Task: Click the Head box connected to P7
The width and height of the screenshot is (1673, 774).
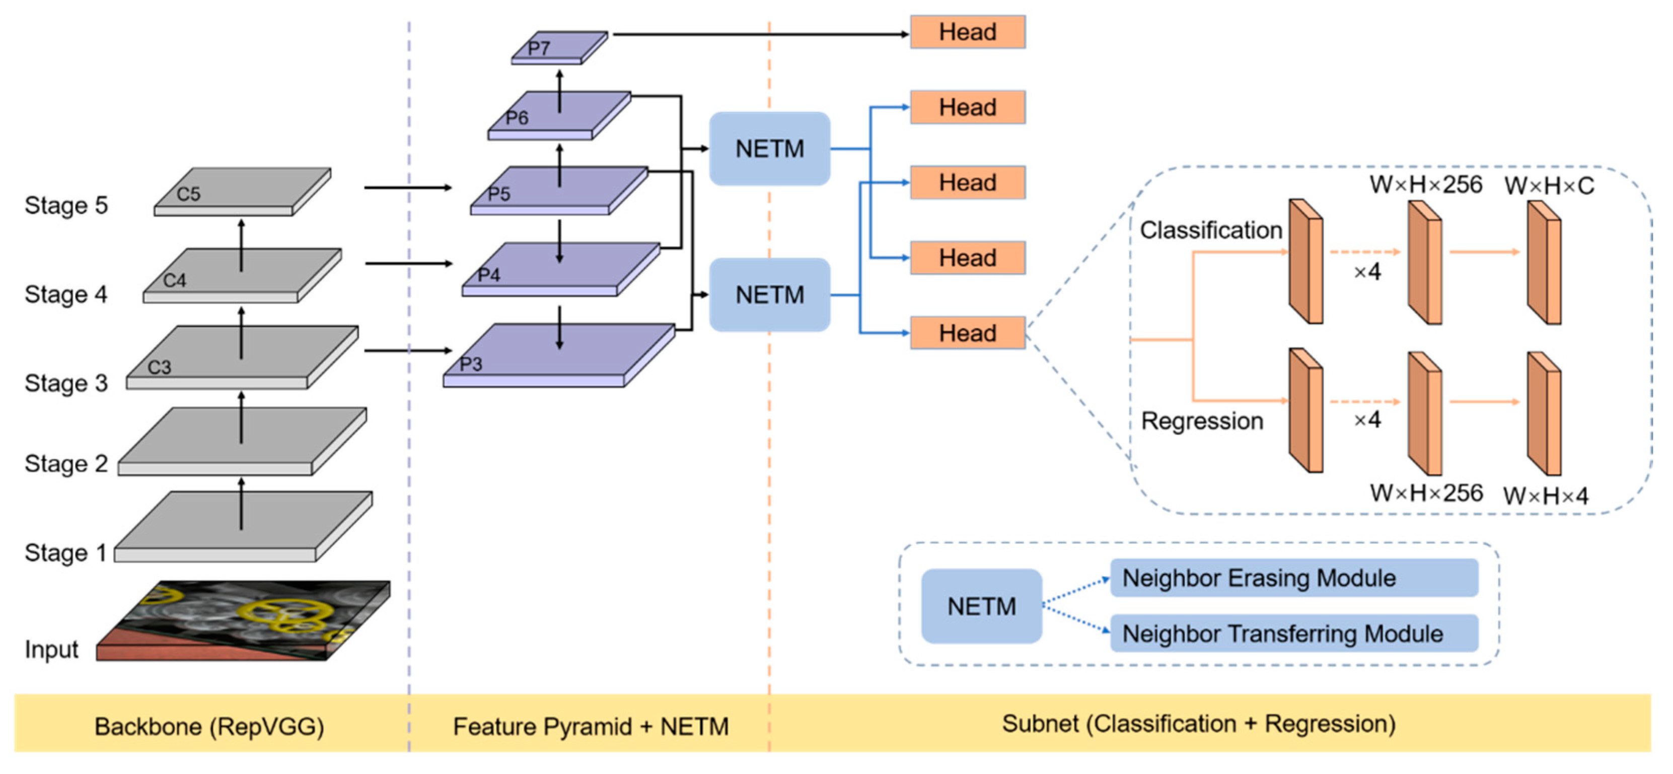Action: coord(967,32)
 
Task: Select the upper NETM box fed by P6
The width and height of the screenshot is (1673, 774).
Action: coord(769,149)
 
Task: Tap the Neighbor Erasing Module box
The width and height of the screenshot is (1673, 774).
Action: coord(1293,578)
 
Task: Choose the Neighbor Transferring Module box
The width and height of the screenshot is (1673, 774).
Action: coord(1293,633)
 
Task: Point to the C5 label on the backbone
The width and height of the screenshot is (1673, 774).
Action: coord(188,194)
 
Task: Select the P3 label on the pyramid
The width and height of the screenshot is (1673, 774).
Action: coord(471,364)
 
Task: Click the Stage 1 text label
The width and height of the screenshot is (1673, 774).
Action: coord(65,552)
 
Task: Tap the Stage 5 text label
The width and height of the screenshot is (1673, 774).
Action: coord(65,205)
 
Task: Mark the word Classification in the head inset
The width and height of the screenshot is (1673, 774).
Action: coord(1211,230)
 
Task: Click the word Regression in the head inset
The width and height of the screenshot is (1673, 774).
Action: coord(1201,421)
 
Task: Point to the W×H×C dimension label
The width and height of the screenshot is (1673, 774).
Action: coord(1549,186)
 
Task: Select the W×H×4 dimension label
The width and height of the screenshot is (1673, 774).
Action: coord(1545,497)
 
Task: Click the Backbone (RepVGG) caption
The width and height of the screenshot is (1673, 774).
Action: coord(209,726)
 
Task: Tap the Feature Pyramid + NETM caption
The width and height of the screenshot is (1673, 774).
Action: coord(591,726)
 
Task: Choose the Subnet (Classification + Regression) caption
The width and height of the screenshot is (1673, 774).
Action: coord(1198,723)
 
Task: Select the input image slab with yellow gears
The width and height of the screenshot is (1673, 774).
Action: coord(247,620)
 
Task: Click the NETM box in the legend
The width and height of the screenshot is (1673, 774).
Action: coord(981,606)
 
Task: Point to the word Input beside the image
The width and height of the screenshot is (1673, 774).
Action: coord(51,649)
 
